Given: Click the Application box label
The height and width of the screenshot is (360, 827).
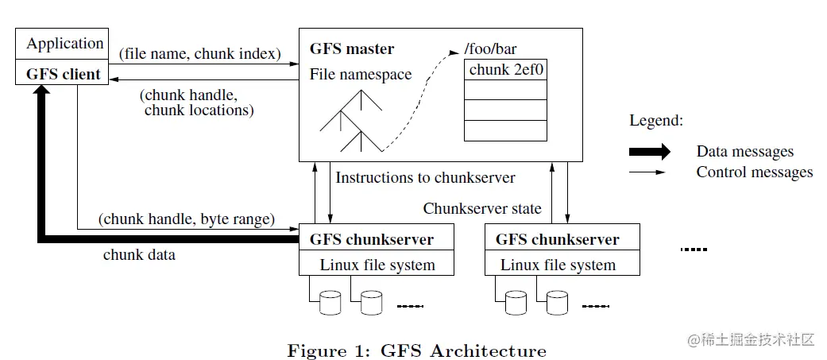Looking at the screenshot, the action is tap(65, 44).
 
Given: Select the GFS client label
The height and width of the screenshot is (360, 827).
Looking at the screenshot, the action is tap(64, 74).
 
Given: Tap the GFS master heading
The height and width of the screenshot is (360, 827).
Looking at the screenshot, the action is tap(352, 49).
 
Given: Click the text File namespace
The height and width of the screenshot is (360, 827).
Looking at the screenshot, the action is tap(360, 75).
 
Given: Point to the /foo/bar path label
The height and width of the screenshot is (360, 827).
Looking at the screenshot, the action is tap(490, 49).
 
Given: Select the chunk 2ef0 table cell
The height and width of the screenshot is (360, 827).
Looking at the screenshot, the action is tap(505, 70).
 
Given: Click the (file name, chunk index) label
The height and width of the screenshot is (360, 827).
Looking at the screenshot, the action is tap(200, 54).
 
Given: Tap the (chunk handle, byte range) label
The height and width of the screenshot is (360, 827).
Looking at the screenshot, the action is tap(187, 219).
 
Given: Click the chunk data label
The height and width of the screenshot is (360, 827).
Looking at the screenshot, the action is tap(139, 254).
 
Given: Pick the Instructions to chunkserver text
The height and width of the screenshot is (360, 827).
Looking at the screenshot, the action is tap(425, 177).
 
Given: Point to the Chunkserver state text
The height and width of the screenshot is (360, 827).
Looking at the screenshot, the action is tap(482, 208).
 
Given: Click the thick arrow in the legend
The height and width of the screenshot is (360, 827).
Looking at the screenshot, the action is tap(649, 152).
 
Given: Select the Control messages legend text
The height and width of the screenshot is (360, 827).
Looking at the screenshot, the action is tap(754, 172).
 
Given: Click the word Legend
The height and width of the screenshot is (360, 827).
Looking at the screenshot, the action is tap(656, 121).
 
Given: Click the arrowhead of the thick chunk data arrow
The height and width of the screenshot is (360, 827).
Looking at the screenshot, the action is tap(43, 90).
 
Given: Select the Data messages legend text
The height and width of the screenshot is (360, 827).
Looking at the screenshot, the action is tap(744, 152).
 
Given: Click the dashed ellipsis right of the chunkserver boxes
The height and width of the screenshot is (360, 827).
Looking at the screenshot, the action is tap(694, 250).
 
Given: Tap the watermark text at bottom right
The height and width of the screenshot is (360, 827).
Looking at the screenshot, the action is tap(752, 339).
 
